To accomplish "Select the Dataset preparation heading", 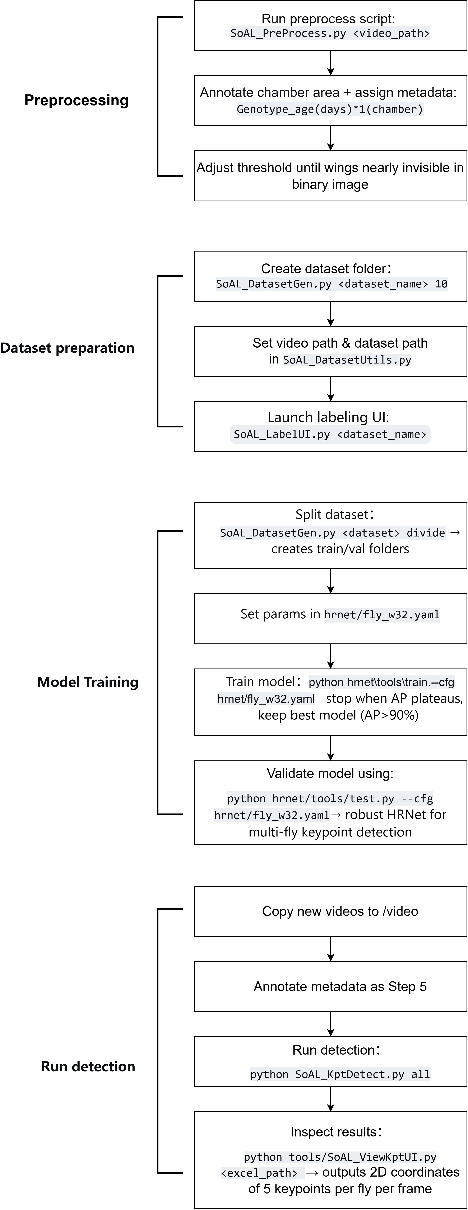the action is click(x=67, y=348).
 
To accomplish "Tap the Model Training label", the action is click(x=88, y=682).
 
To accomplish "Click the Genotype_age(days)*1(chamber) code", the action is click(x=330, y=109).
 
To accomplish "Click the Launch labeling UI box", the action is click(x=330, y=427).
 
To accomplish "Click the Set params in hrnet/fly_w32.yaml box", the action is click(x=330, y=619).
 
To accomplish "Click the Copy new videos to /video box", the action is click(x=330, y=911).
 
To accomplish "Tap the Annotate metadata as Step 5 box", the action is click(x=330, y=986).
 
